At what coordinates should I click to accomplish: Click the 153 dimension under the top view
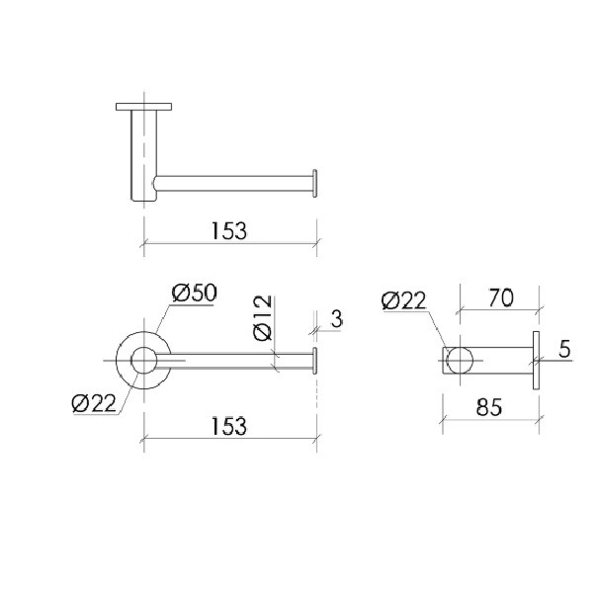[229, 231]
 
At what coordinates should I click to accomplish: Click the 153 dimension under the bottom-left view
[229, 426]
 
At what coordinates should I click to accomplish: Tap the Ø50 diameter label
[194, 293]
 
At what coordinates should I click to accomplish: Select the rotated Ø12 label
[263, 317]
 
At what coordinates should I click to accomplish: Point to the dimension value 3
[337, 319]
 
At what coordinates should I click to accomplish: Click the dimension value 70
[501, 297]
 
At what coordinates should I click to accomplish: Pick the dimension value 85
[489, 407]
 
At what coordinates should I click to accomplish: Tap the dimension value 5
[565, 349]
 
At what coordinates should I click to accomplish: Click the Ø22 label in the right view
[403, 300]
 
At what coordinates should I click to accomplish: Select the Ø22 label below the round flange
[94, 403]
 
